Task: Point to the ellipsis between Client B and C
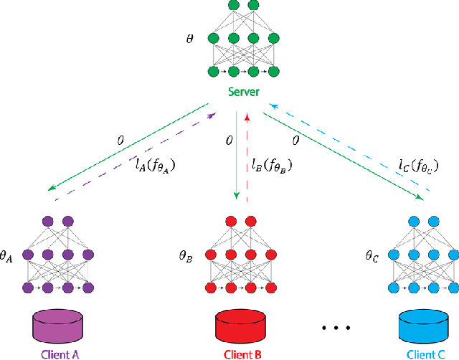334,328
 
